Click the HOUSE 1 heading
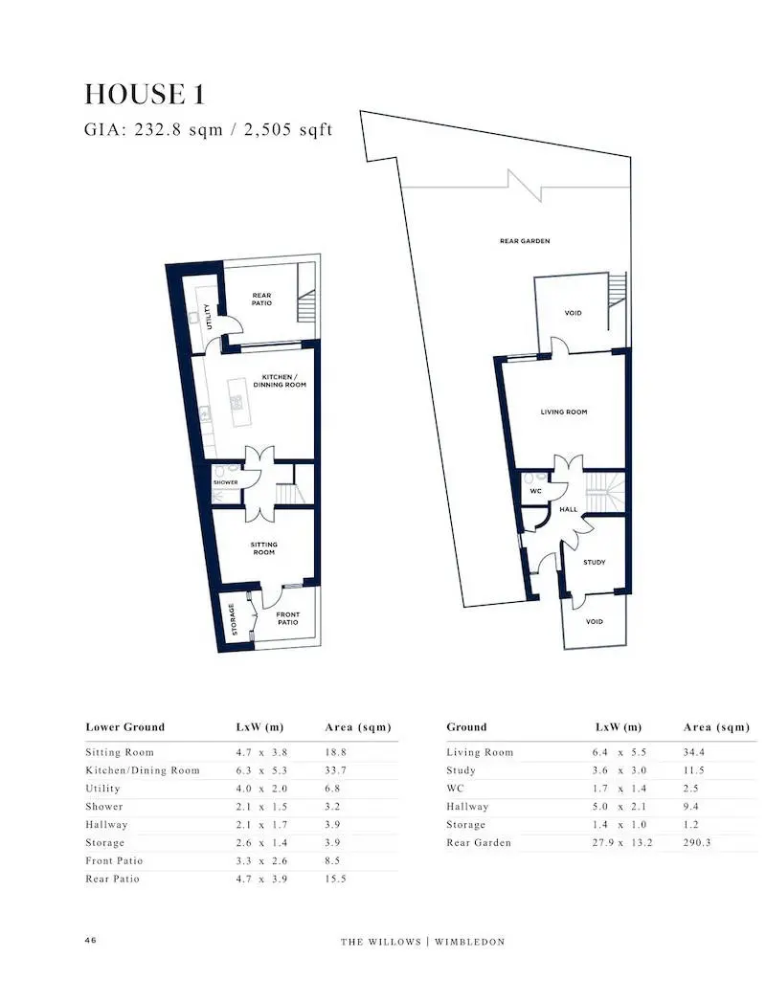coord(145,94)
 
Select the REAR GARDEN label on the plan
coord(525,241)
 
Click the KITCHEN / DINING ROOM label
coord(280,381)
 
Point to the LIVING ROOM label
coord(563,412)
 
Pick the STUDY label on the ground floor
coord(594,563)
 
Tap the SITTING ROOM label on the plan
coord(263,548)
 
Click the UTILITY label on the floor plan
coord(207,317)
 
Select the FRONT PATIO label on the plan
coord(288,618)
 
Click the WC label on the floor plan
coord(536,491)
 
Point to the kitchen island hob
coord(237,402)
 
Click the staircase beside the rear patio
coord(307,306)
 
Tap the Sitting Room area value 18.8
coord(336,752)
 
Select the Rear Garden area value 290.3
coord(697,842)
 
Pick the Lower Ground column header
coord(125,726)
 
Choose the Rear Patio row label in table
coord(113,879)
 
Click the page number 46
coord(90,940)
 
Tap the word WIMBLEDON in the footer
coord(470,942)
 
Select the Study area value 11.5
coord(693,770)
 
